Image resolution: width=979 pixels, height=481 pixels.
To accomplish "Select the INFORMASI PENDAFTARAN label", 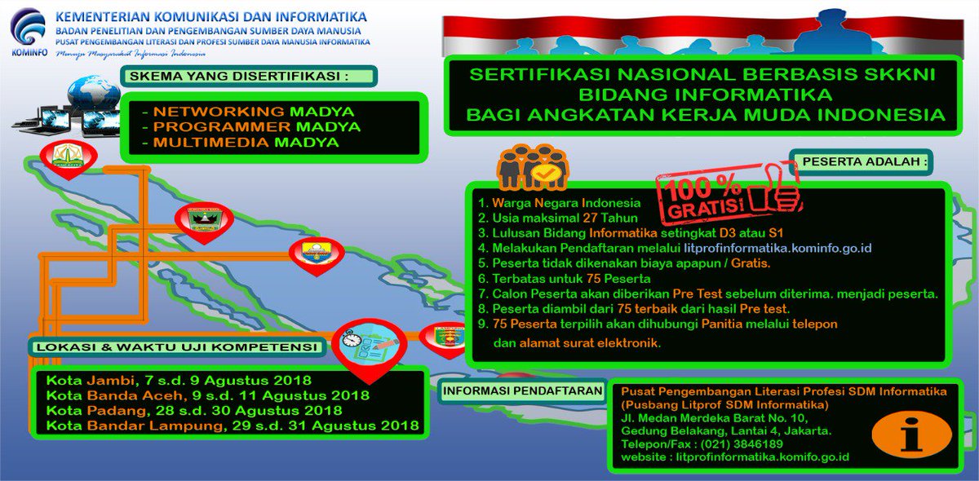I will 523,391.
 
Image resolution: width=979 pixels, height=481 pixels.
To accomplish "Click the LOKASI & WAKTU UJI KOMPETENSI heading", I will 175,347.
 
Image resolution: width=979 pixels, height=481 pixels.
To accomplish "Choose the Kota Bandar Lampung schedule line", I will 233,425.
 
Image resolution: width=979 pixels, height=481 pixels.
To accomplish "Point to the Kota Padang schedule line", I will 194,410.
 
